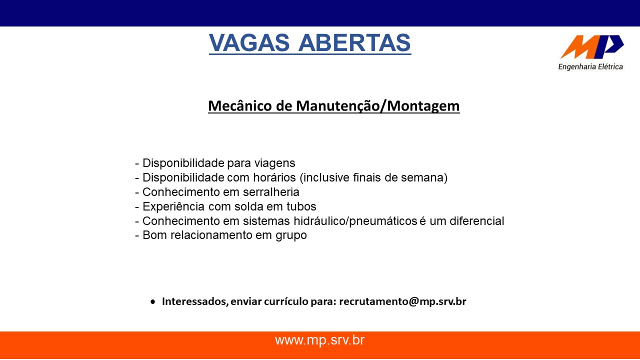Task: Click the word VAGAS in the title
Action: tap(249, 42)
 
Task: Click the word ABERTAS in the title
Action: tap(354, 42)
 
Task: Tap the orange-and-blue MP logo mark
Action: tap(591, 47)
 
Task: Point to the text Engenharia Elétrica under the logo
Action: tap(590, 67)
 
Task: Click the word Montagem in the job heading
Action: tap(423, 106)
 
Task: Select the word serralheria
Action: tap(271, 192)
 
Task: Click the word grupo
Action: tap(291, 235)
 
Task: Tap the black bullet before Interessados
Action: tap(153, 301)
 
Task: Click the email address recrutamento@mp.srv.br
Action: tap(402, 301)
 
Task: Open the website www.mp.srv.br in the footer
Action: tap(319, 340)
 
